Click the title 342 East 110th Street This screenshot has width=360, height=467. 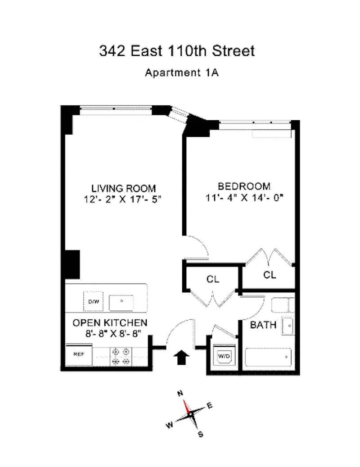pos(177,51)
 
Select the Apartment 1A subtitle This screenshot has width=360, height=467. pos(181,73)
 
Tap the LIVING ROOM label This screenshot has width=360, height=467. pos(124,188)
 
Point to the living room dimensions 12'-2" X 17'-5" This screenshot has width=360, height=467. pos(124,199)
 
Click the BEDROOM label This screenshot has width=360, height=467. pos(244,186)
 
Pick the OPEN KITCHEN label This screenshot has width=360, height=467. pos(110,322)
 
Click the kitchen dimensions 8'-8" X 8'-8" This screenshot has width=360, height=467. pos(110,334)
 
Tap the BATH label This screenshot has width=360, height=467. pos(263,324)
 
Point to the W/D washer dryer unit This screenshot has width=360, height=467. pos(224,356)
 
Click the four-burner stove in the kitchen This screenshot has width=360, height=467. pos(121,356)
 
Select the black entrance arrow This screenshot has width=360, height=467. pos(181,358)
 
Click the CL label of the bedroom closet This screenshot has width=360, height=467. pos(270,275)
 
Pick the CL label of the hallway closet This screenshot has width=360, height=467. pos(213,279)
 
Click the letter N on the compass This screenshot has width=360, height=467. pos(180,393)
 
